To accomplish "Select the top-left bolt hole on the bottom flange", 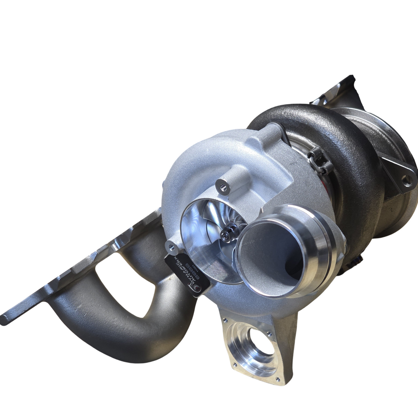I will point(225,320).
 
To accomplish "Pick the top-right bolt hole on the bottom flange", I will point(270,334).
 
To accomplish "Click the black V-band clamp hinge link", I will point(320,161).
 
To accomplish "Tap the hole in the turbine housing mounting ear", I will point(405,179).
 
